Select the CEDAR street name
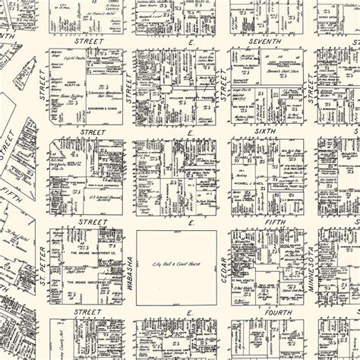[x=224, y=267]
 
